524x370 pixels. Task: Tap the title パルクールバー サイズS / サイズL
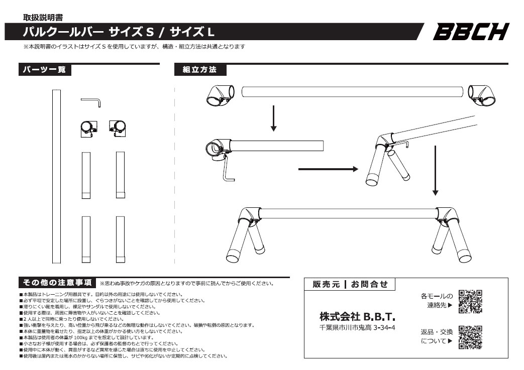coord(119,32)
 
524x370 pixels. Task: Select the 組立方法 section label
coord(200,70)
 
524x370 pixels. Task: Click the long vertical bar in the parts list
coord(56,176)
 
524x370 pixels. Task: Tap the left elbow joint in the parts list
coord(88,129)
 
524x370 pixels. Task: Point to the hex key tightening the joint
coord(228,171)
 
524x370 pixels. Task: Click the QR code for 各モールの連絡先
coord(471,301)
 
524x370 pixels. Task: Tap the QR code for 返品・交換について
coord(471,337)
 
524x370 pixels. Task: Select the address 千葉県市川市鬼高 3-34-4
coord(357,328)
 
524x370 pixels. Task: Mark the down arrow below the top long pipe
coord(273,118)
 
